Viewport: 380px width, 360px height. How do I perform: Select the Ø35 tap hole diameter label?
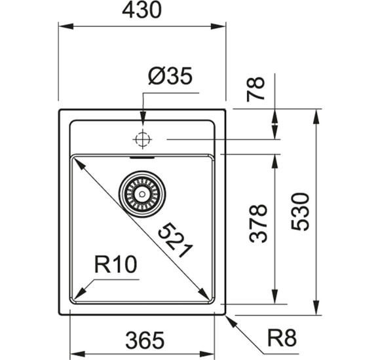(x=170, y=77)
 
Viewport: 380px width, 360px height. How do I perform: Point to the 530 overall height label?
(x=300, y=211)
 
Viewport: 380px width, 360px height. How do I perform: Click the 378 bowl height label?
(x=259, y=223)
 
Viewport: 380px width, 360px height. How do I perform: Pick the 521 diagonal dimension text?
(x=175, y=240)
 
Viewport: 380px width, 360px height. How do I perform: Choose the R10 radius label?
(x=115, y=265)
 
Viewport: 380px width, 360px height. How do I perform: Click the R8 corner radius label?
(x=282, y=338)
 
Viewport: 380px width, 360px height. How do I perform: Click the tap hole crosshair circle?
(x=142, y=139)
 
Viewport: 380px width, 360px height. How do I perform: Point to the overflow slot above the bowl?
(x=142, y=158)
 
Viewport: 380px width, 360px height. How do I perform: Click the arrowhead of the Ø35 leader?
(x=142, y=120)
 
